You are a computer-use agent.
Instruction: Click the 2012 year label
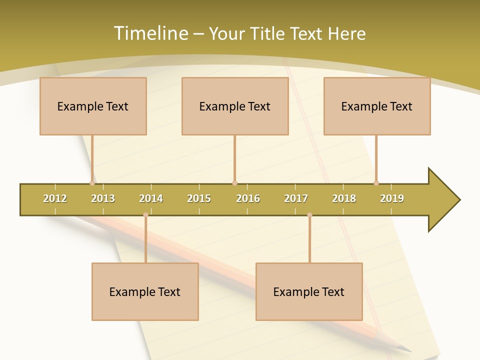[x=55, y=198]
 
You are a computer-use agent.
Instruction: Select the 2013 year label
[x=103, y=198]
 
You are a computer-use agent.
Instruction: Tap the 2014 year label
[x=151, y=198]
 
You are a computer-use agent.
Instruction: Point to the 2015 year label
[x=199, y=198]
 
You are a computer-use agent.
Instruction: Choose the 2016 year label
[x=248, y=198]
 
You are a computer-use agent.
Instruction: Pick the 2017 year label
[x=296, y=198]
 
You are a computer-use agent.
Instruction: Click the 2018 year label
[x=344, y=198]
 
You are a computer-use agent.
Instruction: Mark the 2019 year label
[x=392, y=198]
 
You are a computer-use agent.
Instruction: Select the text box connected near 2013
[x=93, y=106]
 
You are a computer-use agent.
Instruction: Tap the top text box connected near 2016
[x=235, y=106]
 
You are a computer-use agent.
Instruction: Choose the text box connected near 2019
[x=377, y=106]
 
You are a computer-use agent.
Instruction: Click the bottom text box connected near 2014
[x=145, y=291]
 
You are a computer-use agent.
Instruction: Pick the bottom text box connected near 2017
[x=309, y=291]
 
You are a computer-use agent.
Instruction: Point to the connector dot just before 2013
[x=92, y=183]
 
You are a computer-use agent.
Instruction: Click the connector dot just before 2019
[x=376, y=183]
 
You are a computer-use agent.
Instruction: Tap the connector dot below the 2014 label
[x=145, y=215]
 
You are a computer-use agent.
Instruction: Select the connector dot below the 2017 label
[x=309, y=215]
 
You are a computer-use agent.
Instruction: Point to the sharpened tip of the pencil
[x=409, y=350]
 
